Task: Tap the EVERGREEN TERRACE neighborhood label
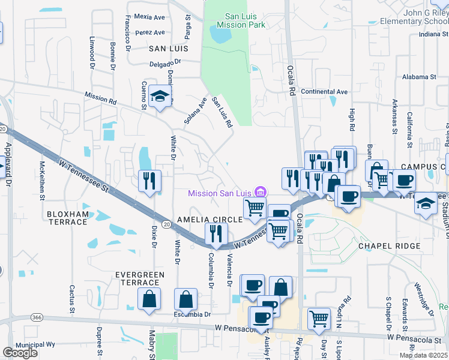tap(140, 278)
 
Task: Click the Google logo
tap(20, 353)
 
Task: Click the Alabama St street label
tap(419, 77)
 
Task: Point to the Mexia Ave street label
tap(149, 17)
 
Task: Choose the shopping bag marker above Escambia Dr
tap(185, 299)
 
